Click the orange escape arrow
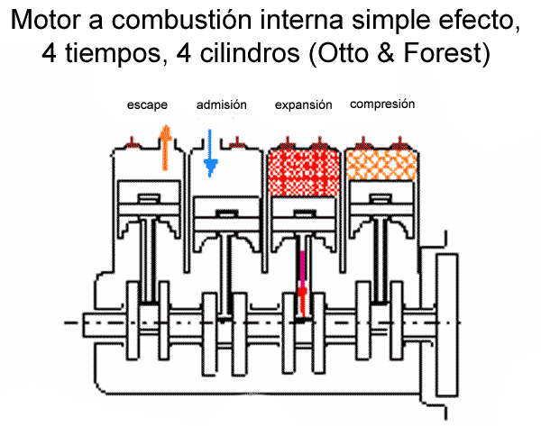[x=164, y=148]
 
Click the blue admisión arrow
[x=211, y=151]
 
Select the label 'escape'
[x=147, y=105]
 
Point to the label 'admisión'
[x=221, y=105]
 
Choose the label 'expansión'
[x=304, y=105]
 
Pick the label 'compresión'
[x=382, y=104]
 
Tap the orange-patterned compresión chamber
[x=383, y=165]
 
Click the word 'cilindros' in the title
[x=252, y=52]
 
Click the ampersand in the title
[x=386, y=52]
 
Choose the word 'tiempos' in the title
[x=113, y=52]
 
